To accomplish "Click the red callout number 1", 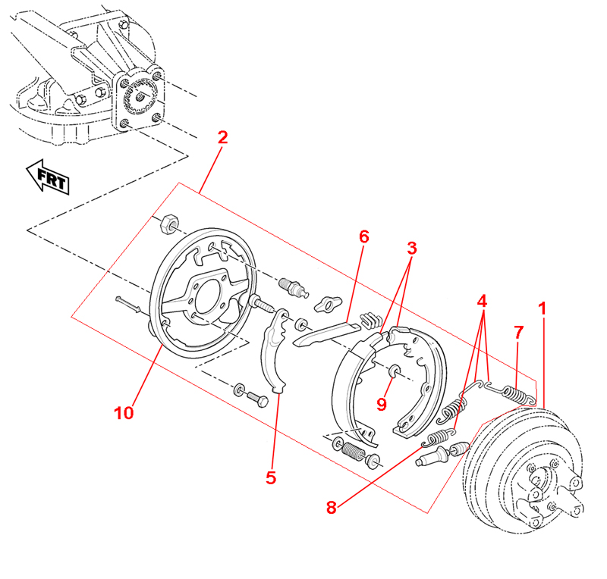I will click(x=542, y=308).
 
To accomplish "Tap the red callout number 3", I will click(x=411, y=248).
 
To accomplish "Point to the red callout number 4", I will click(x=482, y=300).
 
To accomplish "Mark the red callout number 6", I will click(x=363, y=236).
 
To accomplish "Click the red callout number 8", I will click(x=331, y=508).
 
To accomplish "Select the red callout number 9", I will click(x=382, y=404).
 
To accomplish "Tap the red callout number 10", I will click(x=124, y=413).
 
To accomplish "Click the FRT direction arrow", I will click(x=47, y=177).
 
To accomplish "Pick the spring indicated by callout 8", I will click(x=438, y=437).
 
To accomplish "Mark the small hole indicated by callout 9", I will click(x=395, y=370).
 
